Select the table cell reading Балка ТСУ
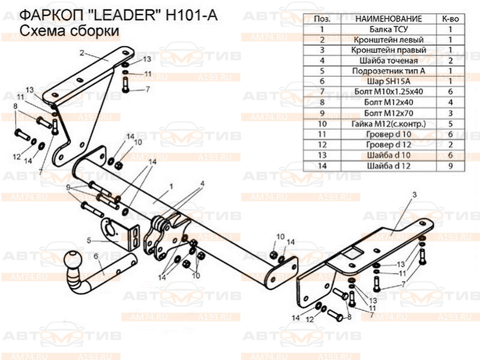389,29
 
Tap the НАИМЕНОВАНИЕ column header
389,19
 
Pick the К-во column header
451,19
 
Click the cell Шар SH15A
389,80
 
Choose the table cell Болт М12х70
389,112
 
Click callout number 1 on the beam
171,187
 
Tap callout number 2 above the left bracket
80,53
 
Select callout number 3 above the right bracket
414,194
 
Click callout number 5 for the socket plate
89,241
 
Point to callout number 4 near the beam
203,183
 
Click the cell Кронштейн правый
389,50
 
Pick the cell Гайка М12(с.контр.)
389,123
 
